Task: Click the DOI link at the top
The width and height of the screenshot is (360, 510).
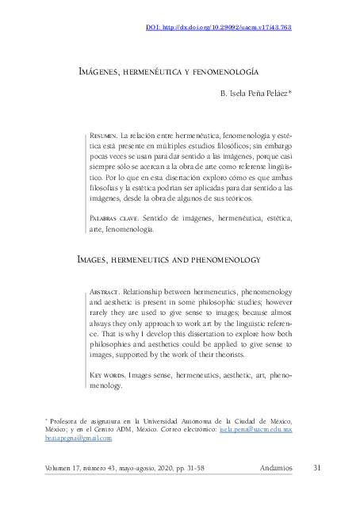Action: point(219,27)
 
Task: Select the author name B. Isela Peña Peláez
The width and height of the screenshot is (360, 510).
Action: point(255,94)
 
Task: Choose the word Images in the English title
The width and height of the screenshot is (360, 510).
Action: point(94,259)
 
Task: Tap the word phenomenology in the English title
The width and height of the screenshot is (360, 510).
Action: point(226,259)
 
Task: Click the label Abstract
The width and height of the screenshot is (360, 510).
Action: point(105,291)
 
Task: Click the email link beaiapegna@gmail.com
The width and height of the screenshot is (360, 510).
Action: point(78,438)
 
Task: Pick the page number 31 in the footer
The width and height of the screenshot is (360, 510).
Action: point(317,467)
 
